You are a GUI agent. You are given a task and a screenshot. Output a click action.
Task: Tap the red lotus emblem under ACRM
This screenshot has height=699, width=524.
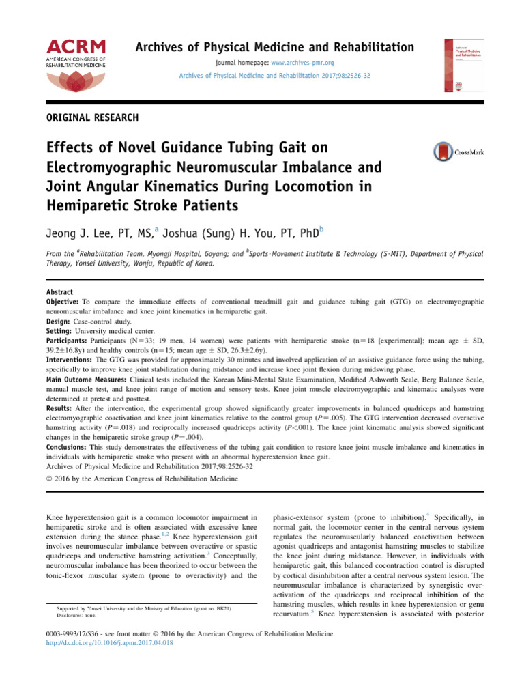point(76,85)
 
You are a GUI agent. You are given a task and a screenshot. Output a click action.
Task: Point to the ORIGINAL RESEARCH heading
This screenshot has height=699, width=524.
point(92,117)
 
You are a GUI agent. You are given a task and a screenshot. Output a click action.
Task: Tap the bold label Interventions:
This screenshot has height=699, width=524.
point(68,359)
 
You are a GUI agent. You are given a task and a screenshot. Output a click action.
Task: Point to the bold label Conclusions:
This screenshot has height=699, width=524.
point(68,448)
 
